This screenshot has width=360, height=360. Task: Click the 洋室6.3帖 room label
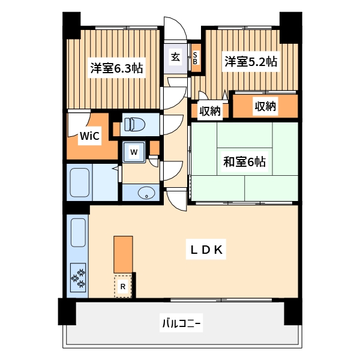(116, 68)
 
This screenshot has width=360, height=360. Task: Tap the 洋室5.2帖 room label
(251, 61)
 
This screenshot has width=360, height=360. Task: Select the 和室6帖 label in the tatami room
(244, 161)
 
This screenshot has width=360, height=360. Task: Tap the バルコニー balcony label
(181, 324)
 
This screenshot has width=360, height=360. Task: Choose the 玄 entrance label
(176, 58)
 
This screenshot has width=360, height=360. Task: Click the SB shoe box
(195, 58)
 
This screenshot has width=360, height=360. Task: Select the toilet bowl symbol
(134, 124)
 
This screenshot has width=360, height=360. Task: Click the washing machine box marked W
(135, 152)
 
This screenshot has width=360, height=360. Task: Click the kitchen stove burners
(78, 277)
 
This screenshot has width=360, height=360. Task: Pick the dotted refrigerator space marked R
(123, 287)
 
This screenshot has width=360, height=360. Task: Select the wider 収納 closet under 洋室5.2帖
(265, 107)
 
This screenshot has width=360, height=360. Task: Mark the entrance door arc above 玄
(176, 30)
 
